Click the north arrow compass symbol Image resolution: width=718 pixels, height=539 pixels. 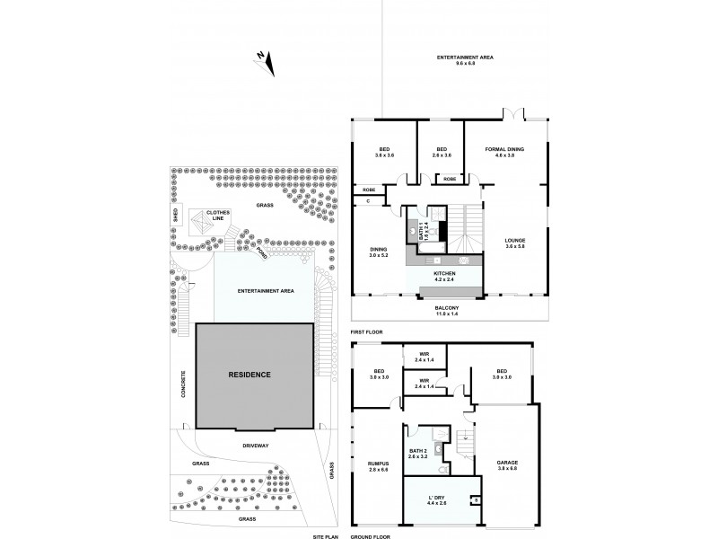(x=265, y=61)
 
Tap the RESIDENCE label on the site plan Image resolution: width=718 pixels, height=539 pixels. (x=249, y=374)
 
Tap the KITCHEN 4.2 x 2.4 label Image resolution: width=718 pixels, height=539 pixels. (x=444, y=276)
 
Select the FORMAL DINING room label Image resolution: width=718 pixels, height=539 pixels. (x=504, y=153)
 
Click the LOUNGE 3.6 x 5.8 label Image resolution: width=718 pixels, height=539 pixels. (x=514, y=243)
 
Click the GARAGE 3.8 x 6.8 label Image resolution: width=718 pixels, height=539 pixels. (x=507, y=465)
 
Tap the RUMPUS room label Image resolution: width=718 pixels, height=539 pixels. (x=376, y=465)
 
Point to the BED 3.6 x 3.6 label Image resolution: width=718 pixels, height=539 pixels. (x=383, y=153)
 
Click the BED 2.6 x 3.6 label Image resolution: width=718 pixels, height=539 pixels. (x=442, y=153)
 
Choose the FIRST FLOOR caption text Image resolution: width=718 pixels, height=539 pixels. (x=366, y=331)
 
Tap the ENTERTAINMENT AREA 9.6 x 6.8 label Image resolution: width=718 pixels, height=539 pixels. (x=466, y=60)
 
